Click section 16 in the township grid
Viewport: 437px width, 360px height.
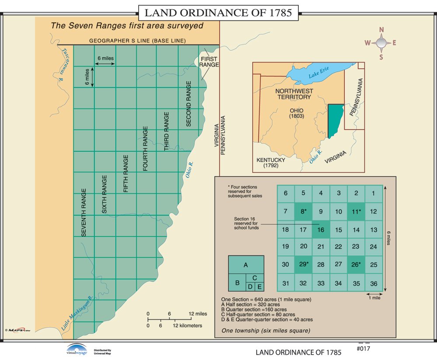pos(321,229)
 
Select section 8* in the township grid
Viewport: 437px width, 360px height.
pos(303,212)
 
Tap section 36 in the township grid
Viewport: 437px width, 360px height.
pos(374,283)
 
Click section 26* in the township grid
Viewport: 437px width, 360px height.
pos(356,265)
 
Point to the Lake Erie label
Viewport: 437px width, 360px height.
pos(318,75)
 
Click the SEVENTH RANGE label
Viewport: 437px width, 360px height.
pos(84,213)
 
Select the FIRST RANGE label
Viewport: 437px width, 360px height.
pos(208,62)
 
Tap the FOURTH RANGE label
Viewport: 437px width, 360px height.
pos(146,149)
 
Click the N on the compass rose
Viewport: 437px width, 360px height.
pos(381,30)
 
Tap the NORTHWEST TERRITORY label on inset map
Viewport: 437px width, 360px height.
pos(293,94)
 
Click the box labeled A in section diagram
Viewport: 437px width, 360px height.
pos(246,265)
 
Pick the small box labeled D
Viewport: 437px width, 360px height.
pos(250,287)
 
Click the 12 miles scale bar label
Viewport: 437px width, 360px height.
pos(198,314)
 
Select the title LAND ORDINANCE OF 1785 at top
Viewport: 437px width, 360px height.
pos(218,12)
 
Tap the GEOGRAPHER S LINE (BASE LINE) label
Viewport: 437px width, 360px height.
pos(138,41)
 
